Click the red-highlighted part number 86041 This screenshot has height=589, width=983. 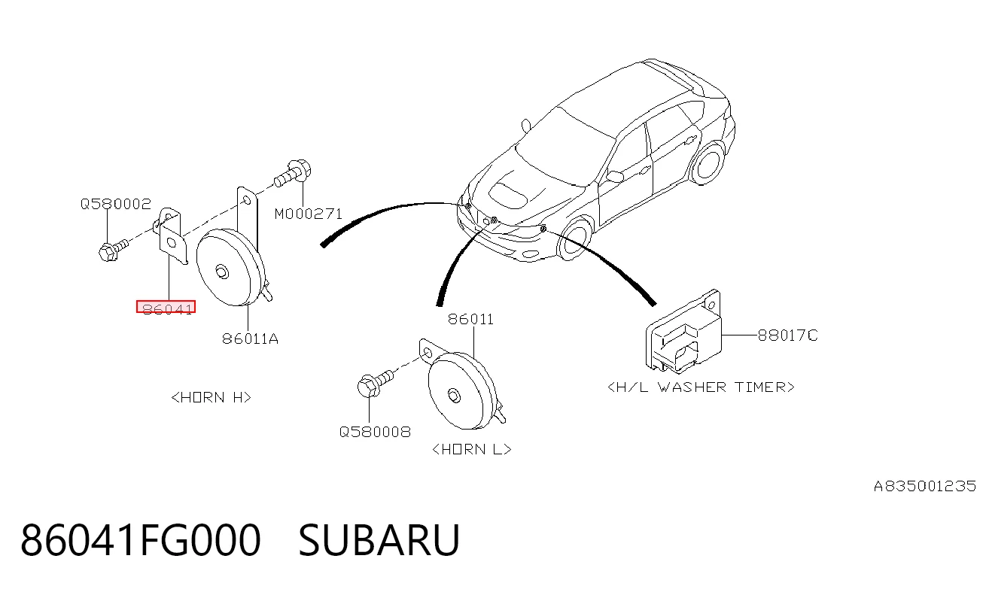[x=166, y=307]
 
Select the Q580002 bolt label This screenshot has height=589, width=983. [x=116, y=204]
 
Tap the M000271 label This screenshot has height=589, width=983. [x=308, y=214]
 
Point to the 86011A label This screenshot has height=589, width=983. [x=250, y=339]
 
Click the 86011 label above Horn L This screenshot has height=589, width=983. [x=471, y=319]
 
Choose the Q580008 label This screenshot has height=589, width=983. [x=375, y=433]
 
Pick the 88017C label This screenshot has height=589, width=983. [x=788, y=336]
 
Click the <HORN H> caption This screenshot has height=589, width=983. [x=211, y=398]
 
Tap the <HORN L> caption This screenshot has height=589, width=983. [x=472, y=450]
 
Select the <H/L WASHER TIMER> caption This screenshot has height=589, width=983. [x=701, y=387]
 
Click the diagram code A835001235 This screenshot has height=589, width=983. [x=925, y=487]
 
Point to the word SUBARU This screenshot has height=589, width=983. [x=379, y=540]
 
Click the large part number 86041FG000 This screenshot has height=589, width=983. [x=141, y=540]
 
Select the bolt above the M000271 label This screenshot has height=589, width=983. [x=293, y=173]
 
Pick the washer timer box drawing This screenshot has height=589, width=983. [x=683, y=332]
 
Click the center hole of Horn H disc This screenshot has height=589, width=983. [x=222, y=272]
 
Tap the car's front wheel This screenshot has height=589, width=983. [x=575, y=238]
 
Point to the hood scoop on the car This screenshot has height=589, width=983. [x=508, y=194]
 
